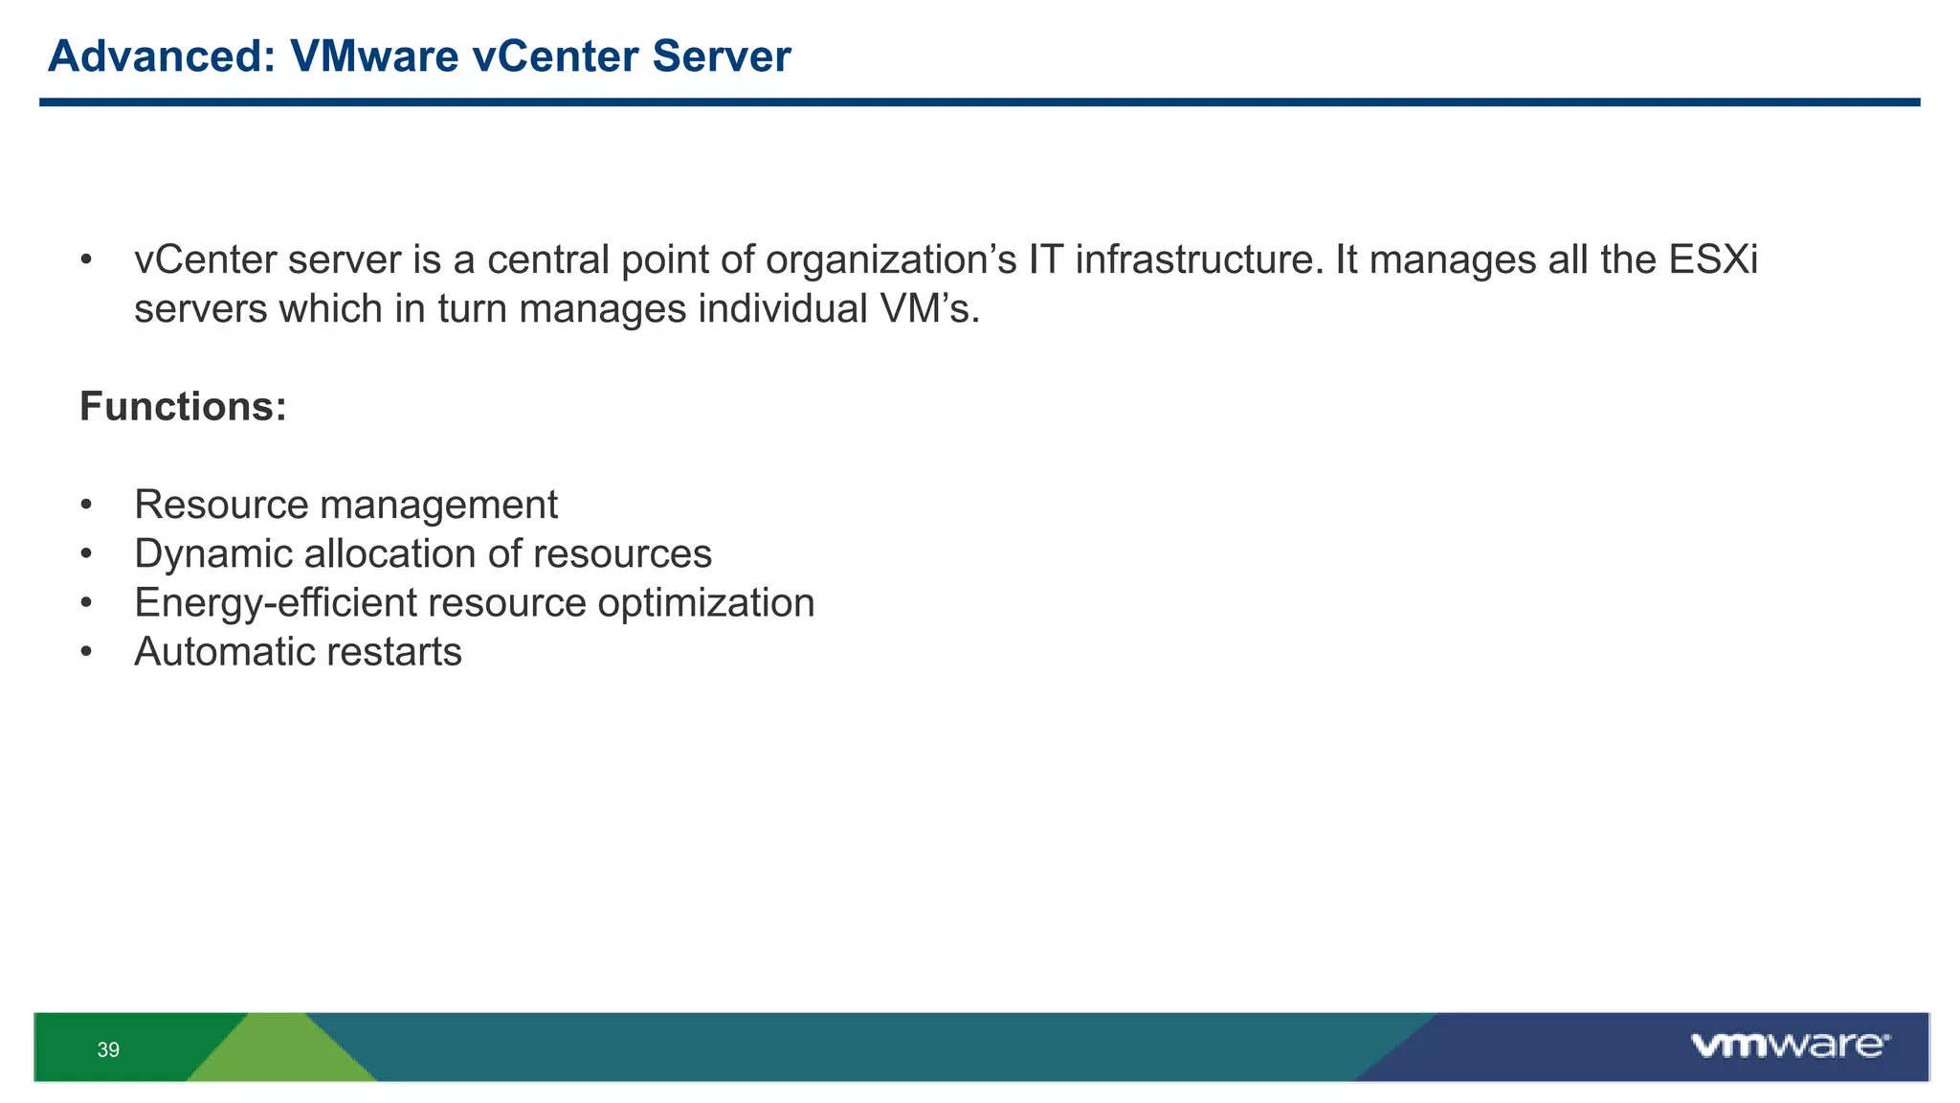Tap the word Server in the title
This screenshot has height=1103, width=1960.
pos(722,56)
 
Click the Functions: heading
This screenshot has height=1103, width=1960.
pos(183,407)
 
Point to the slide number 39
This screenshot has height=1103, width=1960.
pos(108,1050)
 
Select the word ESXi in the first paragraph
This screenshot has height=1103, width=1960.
pos(1713,260)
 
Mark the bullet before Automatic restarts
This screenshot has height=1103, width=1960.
pos(86,652)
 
